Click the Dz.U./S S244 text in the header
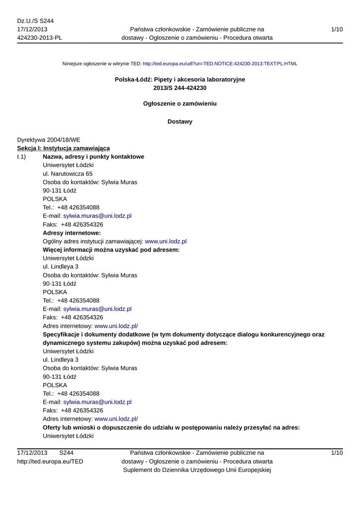pos(35,20)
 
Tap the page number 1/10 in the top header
pos(337,29)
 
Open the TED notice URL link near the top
pos(220,64)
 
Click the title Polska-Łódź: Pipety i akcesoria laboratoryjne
pos(180,80)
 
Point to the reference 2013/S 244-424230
pos(180,88)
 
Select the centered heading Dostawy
pos(180,122)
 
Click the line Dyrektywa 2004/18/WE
pos(48,140)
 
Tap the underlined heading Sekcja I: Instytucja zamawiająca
pos(63,148)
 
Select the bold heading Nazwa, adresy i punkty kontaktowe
pos(93,157)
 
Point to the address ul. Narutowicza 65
pos(68,173)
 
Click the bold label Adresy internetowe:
pos(72,233)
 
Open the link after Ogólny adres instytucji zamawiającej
pos(165,241)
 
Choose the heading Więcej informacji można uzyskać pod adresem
pos(111,250)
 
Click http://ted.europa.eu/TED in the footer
pos(50,461)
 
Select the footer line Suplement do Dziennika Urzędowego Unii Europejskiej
pos(197,470)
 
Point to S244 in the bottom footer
pos(66,453)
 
